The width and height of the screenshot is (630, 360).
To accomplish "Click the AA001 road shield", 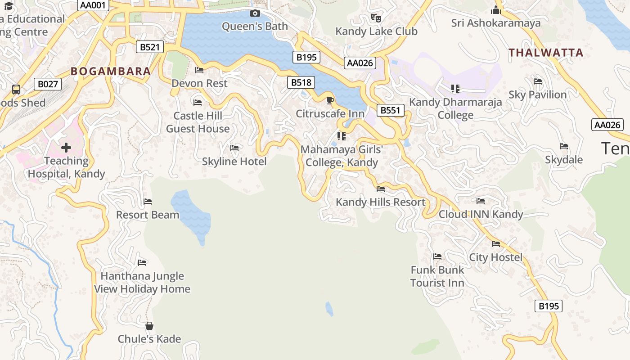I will coord(94,5).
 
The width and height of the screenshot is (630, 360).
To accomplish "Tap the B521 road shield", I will coord(150,47).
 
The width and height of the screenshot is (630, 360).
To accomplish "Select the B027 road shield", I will coord(48,84).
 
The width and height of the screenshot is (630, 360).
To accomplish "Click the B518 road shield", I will coord(301,82).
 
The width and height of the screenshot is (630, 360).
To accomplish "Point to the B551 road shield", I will coord(391,111).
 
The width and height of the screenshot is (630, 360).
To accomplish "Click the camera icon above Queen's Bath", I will coord(255,13).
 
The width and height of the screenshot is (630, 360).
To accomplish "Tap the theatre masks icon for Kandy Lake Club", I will coord(376,18).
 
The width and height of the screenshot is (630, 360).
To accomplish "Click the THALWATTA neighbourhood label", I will coord(546,53).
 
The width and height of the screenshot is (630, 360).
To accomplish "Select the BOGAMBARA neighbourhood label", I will coord(111,71).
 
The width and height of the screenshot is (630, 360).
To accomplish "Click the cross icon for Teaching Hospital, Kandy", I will coord(66,148).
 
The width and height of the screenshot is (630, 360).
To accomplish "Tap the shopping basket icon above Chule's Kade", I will coord(149,326).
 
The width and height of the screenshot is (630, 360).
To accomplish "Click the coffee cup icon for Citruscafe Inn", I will coord(330,100).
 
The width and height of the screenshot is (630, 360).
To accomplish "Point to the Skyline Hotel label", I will coord(234,161).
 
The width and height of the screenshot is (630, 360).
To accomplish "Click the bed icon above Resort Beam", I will coord(148,202).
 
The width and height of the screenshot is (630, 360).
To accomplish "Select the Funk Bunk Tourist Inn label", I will coord(437,276).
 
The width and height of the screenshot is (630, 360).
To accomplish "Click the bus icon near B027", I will coord(16,90).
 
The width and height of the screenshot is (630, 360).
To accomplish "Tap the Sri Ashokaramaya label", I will coord(496,23).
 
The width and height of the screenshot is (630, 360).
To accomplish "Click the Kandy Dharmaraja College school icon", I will coord(455,89).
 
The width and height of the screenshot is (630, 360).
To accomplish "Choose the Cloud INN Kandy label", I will coord(481,214).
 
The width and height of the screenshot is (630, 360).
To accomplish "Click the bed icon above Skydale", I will coord(564,146).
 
